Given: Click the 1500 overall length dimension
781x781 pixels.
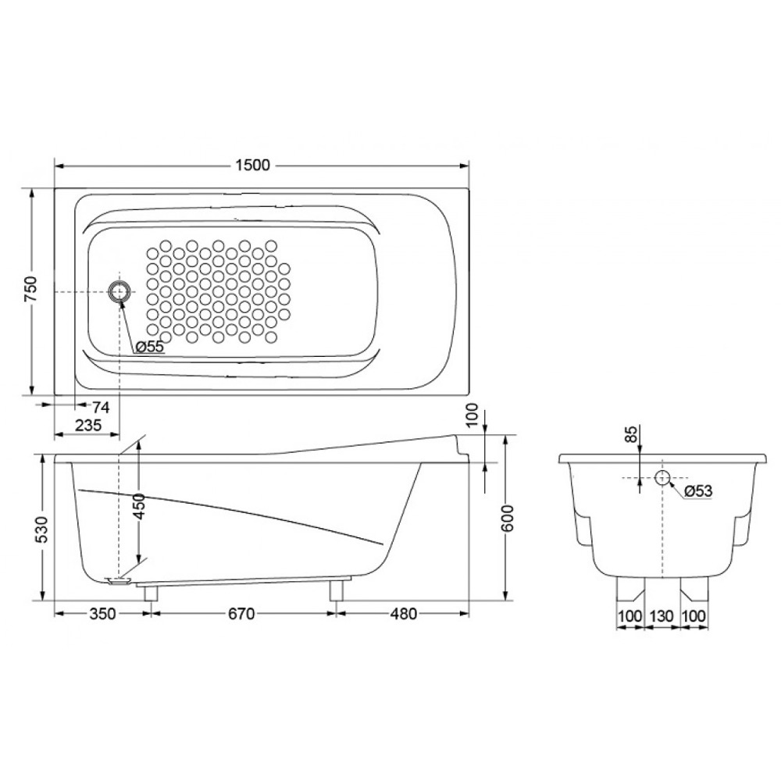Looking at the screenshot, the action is tap(252, 165).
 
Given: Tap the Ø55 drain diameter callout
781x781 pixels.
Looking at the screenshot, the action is tap(149, 347).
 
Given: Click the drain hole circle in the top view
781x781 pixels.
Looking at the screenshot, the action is tap(119, 291).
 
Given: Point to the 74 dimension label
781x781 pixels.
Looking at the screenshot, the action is tap(101, 408).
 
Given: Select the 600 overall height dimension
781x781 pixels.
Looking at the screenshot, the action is tap(508, 518).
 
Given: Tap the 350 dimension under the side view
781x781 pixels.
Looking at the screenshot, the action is tap(102, 614).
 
